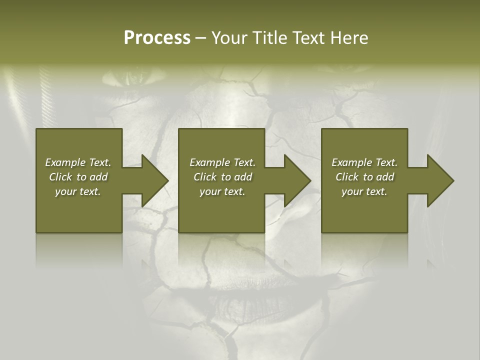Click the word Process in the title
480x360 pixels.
(157, 38)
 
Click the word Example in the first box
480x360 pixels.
(64, 162)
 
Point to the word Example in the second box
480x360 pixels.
(209, 162)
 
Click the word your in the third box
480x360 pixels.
(352, 192)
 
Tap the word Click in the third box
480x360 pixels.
(347, 177)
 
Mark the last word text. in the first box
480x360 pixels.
(90, 192)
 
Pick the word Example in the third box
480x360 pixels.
(351, 162)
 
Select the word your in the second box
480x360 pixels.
(210, 192)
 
